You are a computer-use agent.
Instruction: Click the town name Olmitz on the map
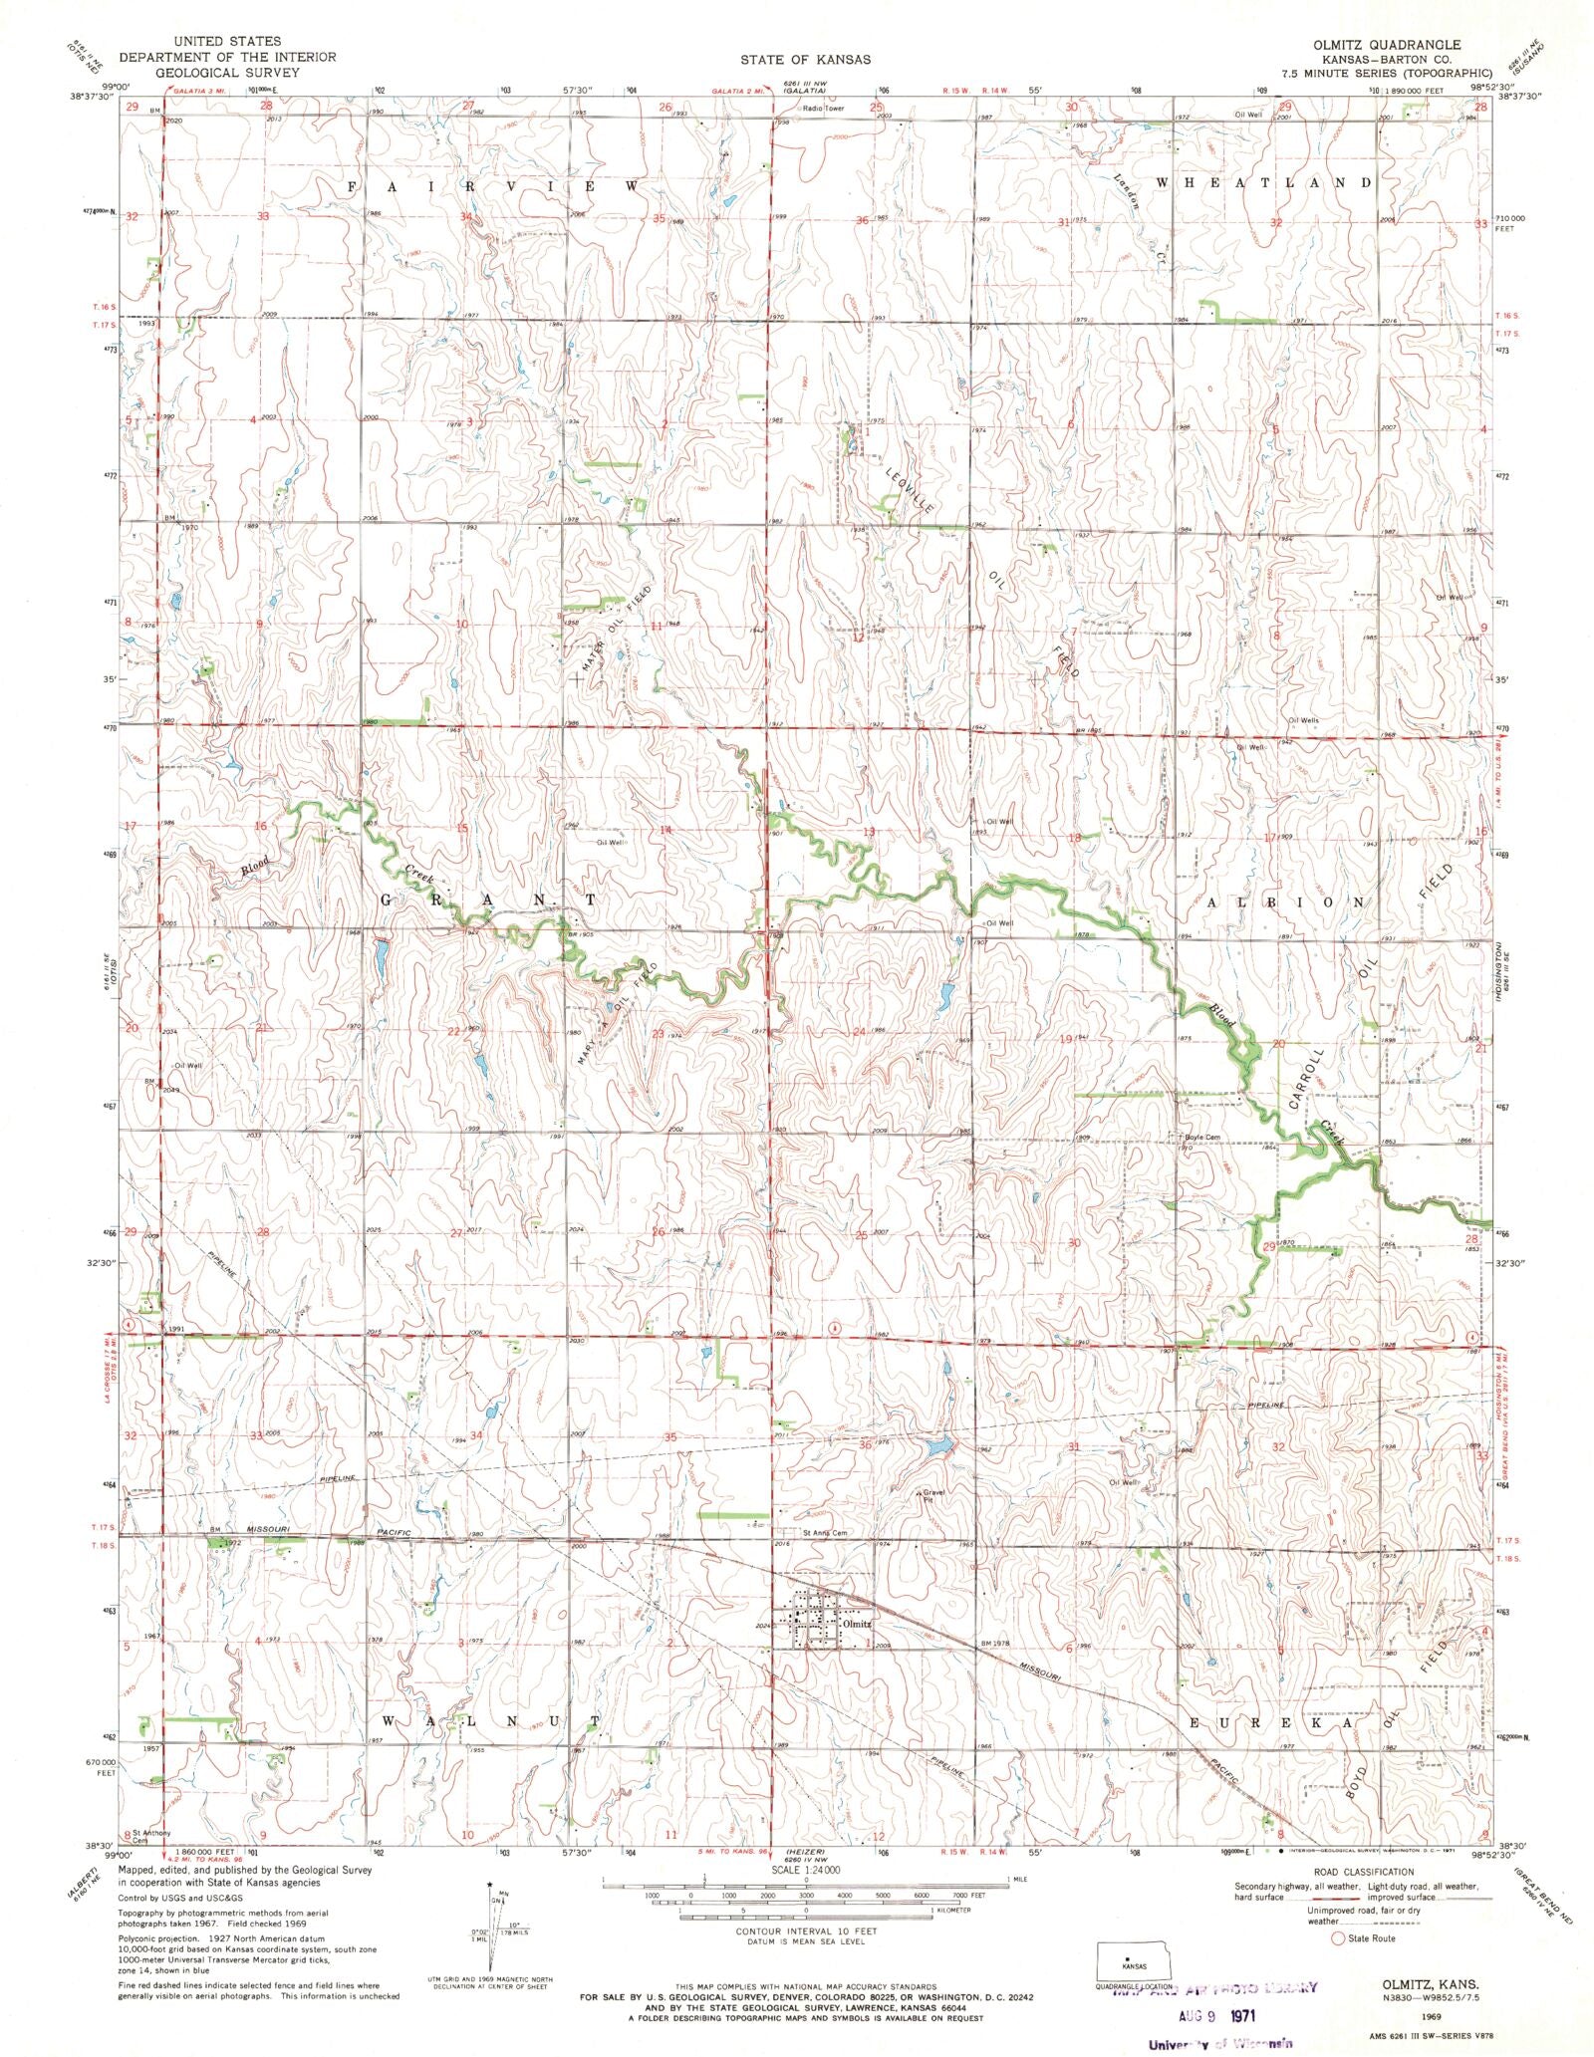857,1623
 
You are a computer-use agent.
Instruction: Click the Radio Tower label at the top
824,108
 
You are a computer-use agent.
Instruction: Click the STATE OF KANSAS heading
805,60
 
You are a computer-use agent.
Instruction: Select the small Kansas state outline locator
1134,1961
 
